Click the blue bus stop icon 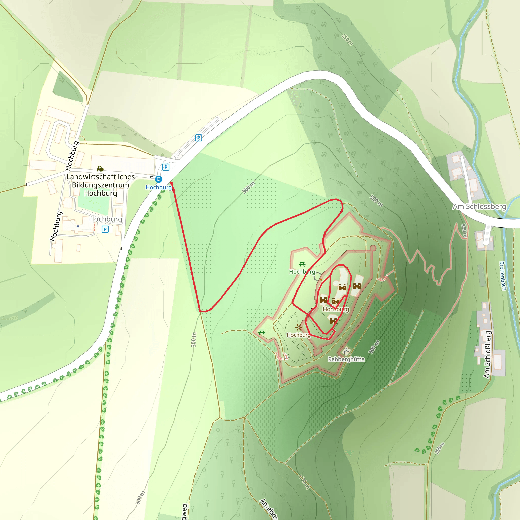pos(158,179)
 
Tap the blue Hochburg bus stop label pos(158,187)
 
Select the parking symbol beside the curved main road pos(198,138)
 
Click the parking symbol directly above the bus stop pos(166,167)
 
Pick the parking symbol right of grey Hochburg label pos(105,229)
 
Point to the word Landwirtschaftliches pos(100,177)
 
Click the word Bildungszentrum pos(100,185)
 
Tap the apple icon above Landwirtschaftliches pos(100,169)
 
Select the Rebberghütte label pos(346,359)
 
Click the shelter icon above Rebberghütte pos(346,351)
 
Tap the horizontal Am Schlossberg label pos(479,206)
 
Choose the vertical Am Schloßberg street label pos(487,354)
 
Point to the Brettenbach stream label pos(502,276)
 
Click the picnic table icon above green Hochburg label pos(302,264)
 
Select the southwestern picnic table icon pos(262,332)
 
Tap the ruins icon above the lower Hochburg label pos(299,327)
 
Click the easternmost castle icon pos(357,286)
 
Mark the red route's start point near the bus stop pos(171,183)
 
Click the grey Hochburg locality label pos(106,219)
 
